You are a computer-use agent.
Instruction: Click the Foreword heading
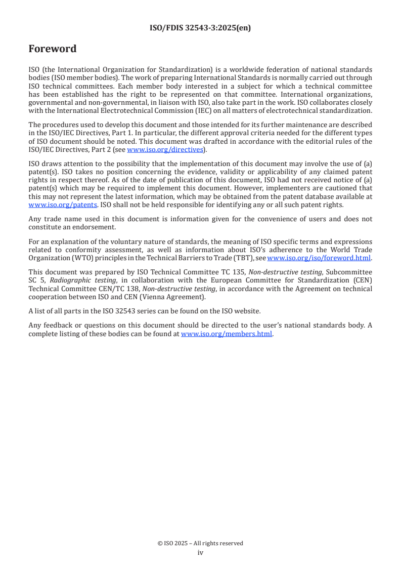[x=53, y=49]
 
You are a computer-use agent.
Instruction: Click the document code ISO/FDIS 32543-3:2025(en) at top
[x=200, y=28]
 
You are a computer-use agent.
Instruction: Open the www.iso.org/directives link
[x=165, y=150]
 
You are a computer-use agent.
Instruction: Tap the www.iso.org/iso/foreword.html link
[x=319, y=258]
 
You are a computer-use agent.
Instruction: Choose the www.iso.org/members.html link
[x=227, y=334]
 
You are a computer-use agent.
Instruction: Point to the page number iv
[x=200, y=553]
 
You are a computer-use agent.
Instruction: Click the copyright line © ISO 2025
[x=200, y=543]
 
